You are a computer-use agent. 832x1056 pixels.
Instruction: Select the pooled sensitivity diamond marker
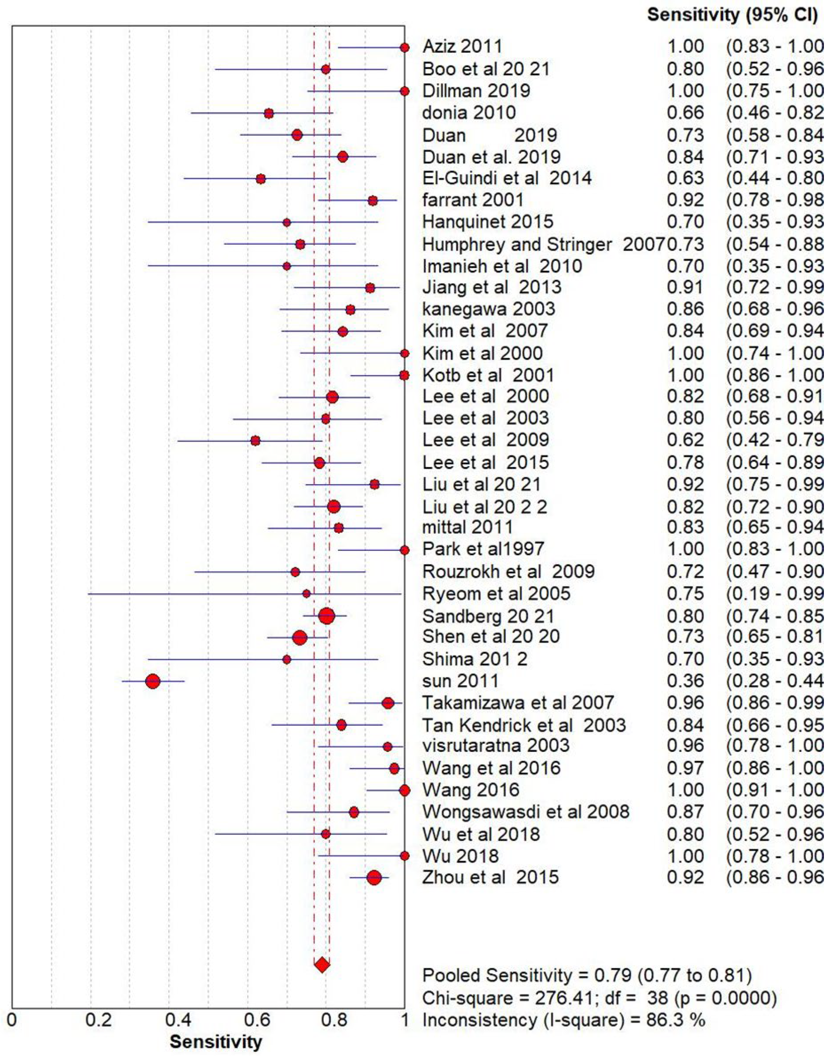click(x=322, y=965)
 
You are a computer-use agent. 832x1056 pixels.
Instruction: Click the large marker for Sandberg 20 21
click(x=327, y=616)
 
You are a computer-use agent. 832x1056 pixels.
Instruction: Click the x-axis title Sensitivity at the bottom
click(x=216, y=1042)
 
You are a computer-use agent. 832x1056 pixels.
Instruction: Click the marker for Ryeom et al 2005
click(x=306, y=593)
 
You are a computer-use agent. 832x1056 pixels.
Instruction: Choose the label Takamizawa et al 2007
click(x=518, y=703)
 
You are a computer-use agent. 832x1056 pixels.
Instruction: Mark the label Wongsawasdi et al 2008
click(x=526, y=812)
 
